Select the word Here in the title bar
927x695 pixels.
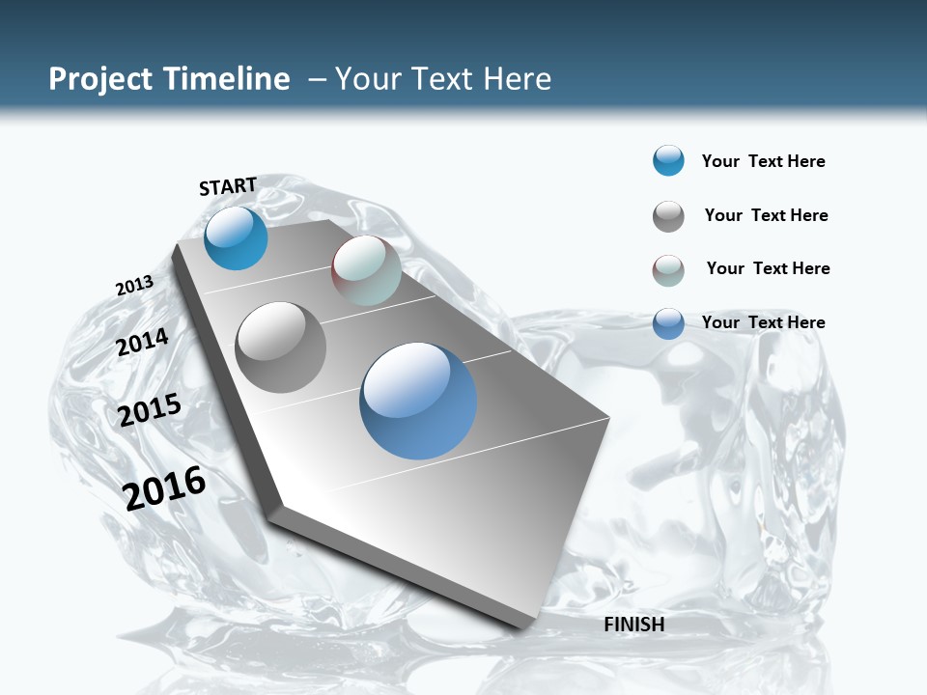point(517,79)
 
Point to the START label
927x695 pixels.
point(228,186)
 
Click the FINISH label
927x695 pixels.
point(634,625)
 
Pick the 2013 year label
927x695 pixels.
point(134,286)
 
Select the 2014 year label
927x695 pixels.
point(143,342)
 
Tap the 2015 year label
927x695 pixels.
point(150,409)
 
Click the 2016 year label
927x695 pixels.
point(164,487)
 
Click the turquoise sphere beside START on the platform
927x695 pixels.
point(236,237)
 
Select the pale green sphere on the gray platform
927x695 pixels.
point(366,270)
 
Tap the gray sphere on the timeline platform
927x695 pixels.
point(281,347)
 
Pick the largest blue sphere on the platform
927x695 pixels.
point(418,401)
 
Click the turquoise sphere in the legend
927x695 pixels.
point(668,160)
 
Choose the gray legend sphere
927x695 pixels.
point(668,216)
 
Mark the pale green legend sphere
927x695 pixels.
point(668,270)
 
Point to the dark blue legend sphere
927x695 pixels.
point(668,323)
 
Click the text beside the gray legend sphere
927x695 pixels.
point(766,215)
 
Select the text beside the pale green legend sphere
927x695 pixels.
point(768,268)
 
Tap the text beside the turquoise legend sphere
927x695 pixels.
point(763,161)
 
